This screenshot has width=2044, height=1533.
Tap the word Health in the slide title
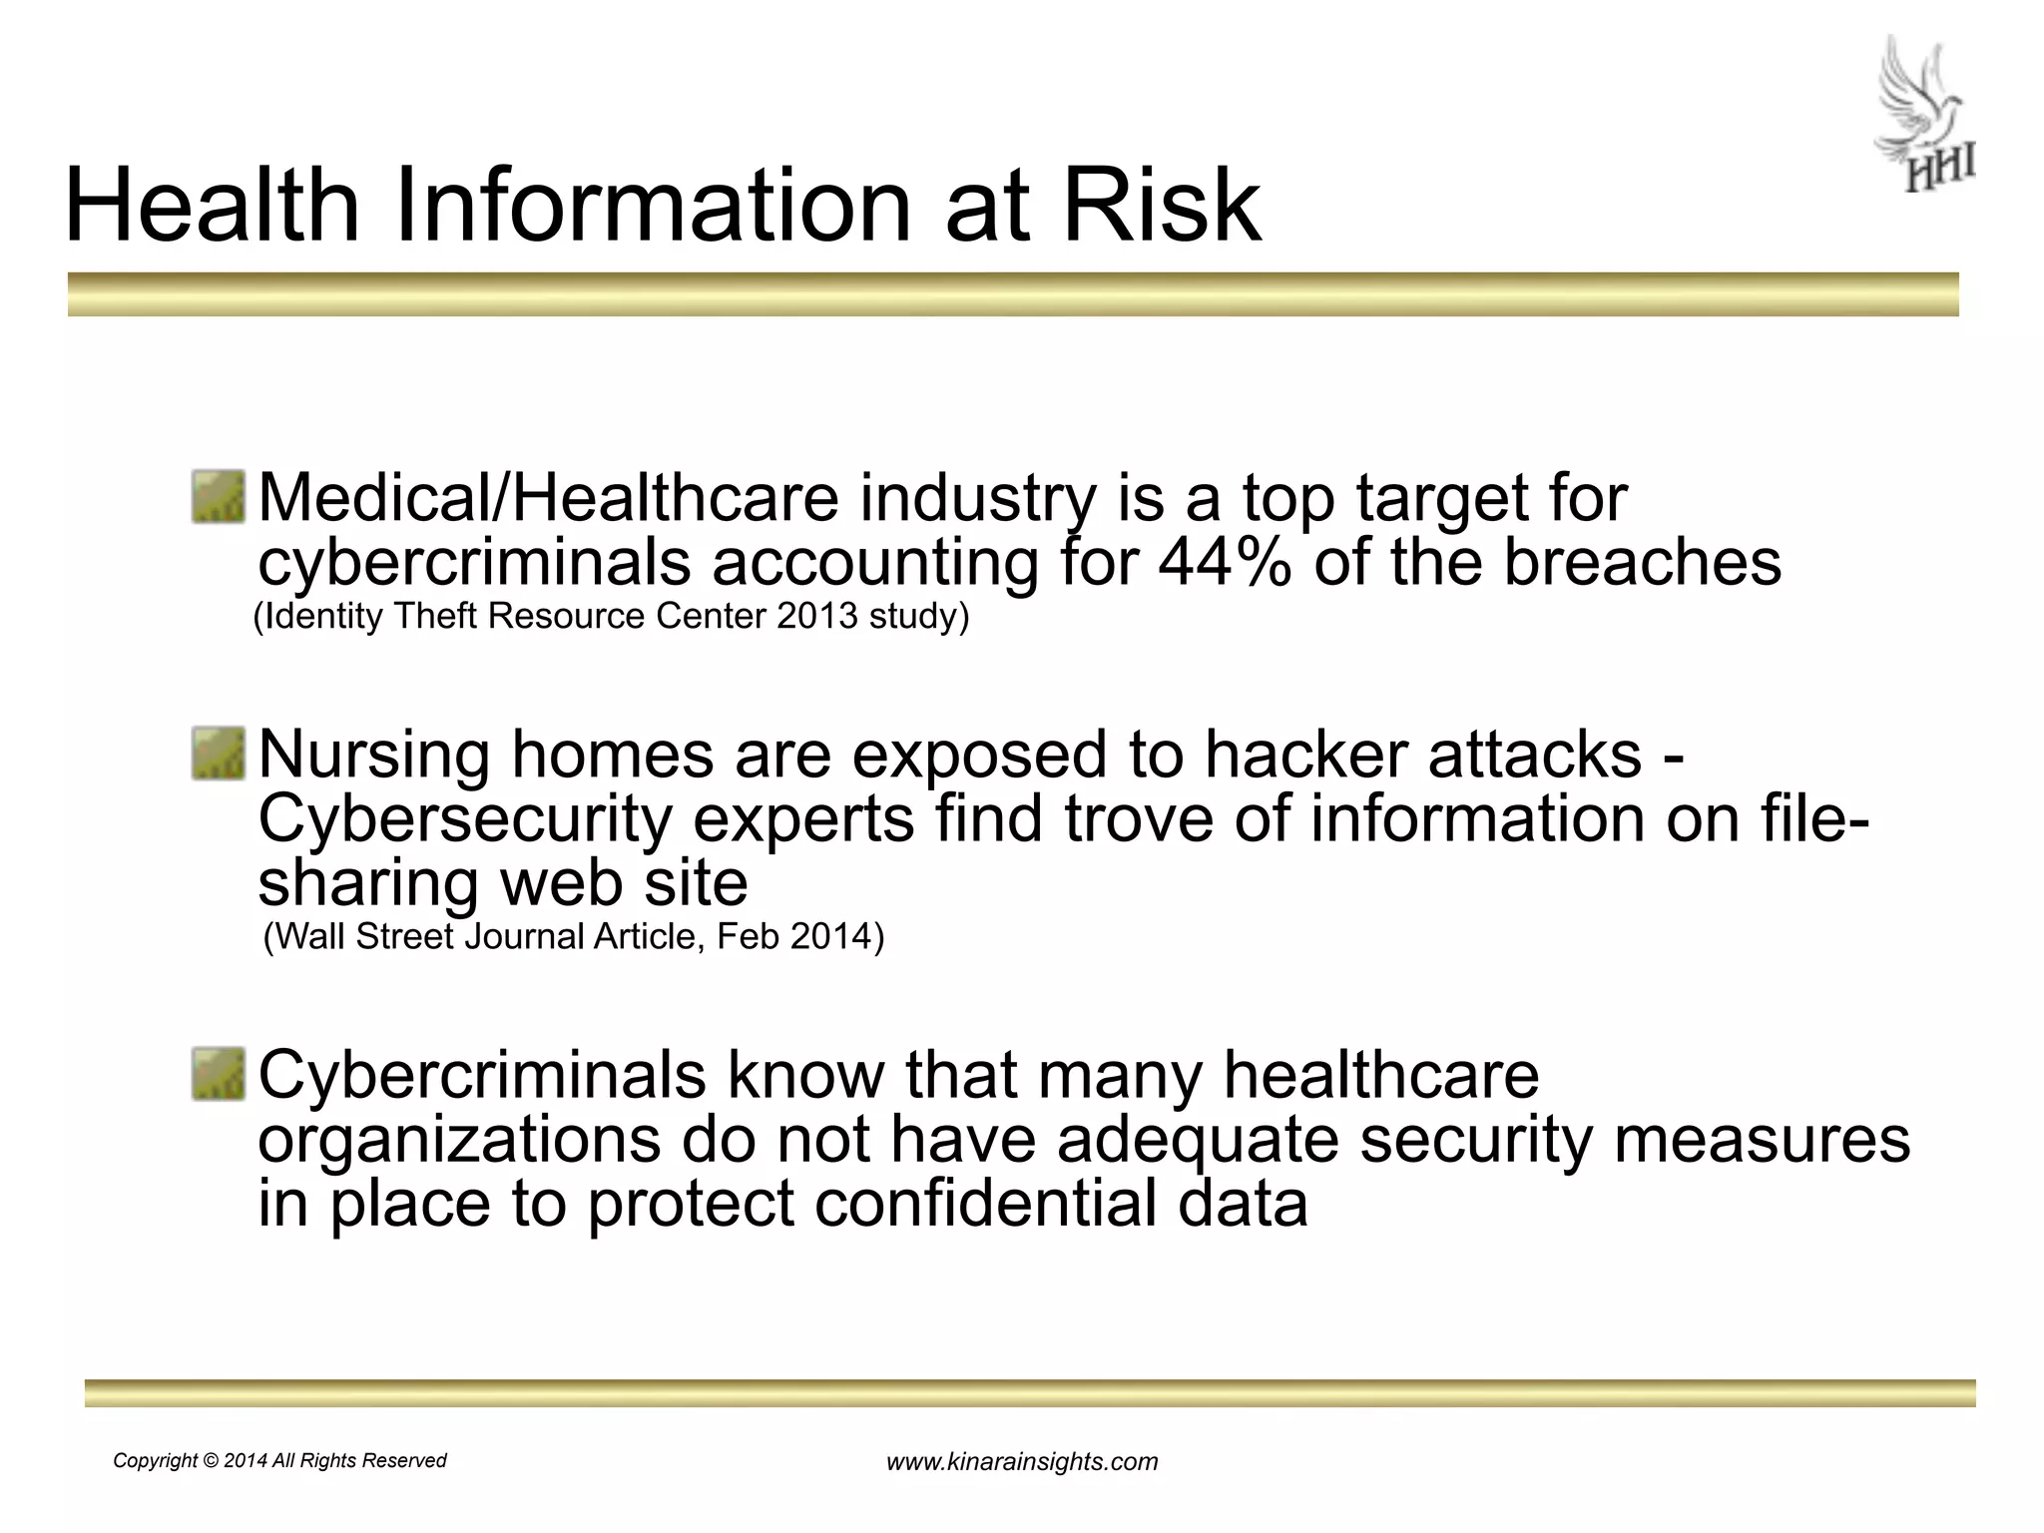[211, 206]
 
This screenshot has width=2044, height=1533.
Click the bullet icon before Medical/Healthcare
[219, 497]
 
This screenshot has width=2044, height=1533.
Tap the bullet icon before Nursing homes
[219, 754]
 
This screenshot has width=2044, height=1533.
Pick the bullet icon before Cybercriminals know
[219, 1074]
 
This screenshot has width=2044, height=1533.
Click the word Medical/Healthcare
[548, 498]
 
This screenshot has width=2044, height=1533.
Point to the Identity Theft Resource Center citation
[612, 617]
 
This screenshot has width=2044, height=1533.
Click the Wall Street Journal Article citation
[574, 937]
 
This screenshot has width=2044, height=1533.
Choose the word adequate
[1197, 1139]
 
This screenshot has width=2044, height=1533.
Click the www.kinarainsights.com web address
[1022, 1462]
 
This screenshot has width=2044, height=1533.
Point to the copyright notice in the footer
[279, 1461]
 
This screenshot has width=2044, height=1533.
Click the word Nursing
[373, 757]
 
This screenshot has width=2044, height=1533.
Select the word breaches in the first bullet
[1641, 562]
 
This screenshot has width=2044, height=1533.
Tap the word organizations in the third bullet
[458, 1141]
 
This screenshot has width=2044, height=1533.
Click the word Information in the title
[654, 206]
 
